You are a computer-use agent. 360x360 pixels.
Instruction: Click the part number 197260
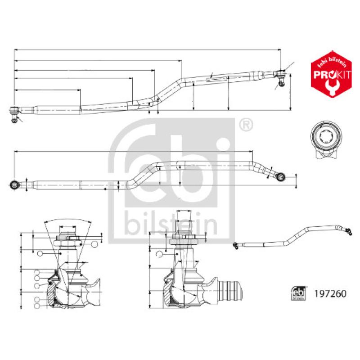coord(330,294)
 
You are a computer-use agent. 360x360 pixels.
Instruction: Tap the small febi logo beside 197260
coord(298,293)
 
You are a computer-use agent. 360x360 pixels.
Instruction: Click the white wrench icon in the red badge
coord(331,87)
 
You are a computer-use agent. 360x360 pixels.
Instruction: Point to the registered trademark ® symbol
coord(246,125)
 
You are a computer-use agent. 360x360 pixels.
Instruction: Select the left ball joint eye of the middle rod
coord(15,184)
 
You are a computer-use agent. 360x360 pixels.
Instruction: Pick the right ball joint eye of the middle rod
coord(280,177)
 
